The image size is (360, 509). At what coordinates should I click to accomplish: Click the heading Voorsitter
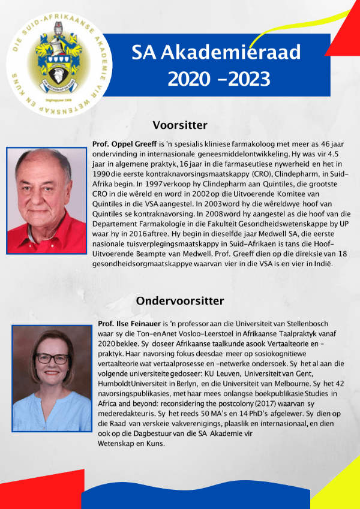point(180,125)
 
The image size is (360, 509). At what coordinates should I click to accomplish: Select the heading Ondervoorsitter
point(180,300)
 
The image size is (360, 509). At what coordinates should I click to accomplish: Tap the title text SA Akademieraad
point(216,54)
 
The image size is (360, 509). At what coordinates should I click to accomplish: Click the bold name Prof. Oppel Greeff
point(125,145)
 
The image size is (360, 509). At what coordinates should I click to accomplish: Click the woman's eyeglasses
point(53,358)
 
